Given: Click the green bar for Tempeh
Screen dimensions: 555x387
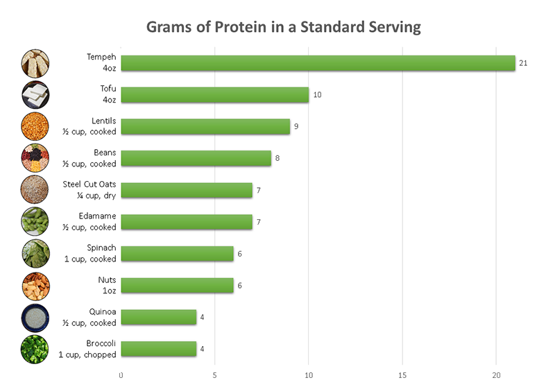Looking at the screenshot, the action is [318, 63].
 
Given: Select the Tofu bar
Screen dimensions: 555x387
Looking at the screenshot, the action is [215, 95].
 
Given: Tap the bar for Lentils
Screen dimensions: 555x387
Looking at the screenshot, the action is [205, 127].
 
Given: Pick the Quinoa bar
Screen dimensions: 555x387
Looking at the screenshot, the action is [159, 318].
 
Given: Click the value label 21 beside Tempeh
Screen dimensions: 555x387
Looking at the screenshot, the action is [523, 63].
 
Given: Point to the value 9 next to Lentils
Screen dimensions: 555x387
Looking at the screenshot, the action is [296, 127].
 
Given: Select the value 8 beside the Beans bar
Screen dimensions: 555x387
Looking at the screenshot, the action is [277, 158].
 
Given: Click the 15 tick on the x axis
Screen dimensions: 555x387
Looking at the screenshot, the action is [402, 375].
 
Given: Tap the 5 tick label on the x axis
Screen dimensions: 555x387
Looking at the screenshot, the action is [214, 375].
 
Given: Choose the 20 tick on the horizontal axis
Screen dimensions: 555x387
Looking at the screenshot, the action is [496, 375].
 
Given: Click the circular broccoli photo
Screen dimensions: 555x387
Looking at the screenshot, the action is [35, 350].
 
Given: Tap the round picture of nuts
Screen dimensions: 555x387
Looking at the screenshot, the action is [35, 286].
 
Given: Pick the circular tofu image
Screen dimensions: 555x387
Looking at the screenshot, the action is [35, 95].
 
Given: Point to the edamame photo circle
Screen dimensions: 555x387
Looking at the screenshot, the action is [35, 221].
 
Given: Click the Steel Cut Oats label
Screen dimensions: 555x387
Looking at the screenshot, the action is [89, 184].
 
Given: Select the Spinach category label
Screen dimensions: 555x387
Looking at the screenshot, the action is [101, 248].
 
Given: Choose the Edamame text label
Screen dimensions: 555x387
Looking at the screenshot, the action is [97, 216].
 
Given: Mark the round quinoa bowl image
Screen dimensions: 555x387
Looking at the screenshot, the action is [35, 318].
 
